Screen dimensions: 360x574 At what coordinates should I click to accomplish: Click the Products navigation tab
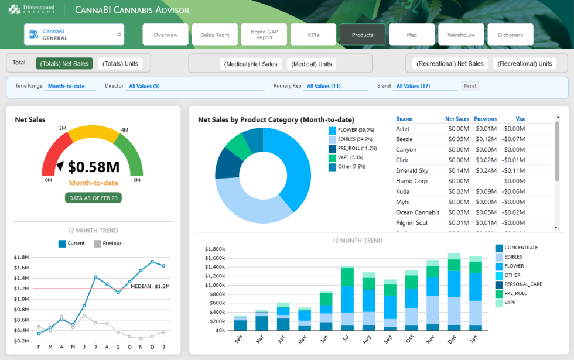pos(363,35)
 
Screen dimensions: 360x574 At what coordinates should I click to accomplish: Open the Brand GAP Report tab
pos(264,35)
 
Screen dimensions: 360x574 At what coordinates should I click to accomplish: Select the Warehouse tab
pos(461,35)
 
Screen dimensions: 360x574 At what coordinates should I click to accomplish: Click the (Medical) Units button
pos(312,64)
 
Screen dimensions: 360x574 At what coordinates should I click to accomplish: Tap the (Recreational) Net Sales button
pos(450,63)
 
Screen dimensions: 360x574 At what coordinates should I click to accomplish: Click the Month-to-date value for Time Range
pos(71,86)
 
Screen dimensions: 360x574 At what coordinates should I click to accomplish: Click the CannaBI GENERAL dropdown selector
pos(74,35)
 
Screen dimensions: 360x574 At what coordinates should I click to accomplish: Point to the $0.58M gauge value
pos(94,167)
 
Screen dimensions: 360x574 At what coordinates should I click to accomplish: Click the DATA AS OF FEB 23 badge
pos(93,198)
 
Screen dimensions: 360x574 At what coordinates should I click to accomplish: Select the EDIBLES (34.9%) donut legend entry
pos(355,139)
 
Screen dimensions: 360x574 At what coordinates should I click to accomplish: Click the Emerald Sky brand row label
pos(412,170)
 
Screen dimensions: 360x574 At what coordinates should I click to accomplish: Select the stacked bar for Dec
pos(454,292)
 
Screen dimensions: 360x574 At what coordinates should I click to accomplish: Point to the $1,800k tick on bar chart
pos(216,249)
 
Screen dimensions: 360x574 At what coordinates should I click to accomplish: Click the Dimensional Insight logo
pos(32,9)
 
